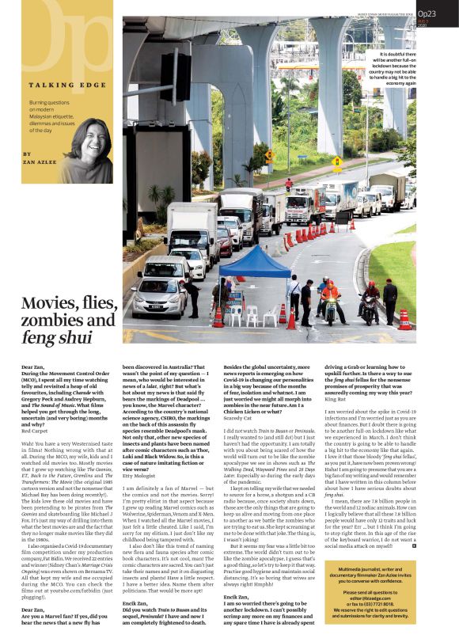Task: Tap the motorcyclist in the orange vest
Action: (330, 299)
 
